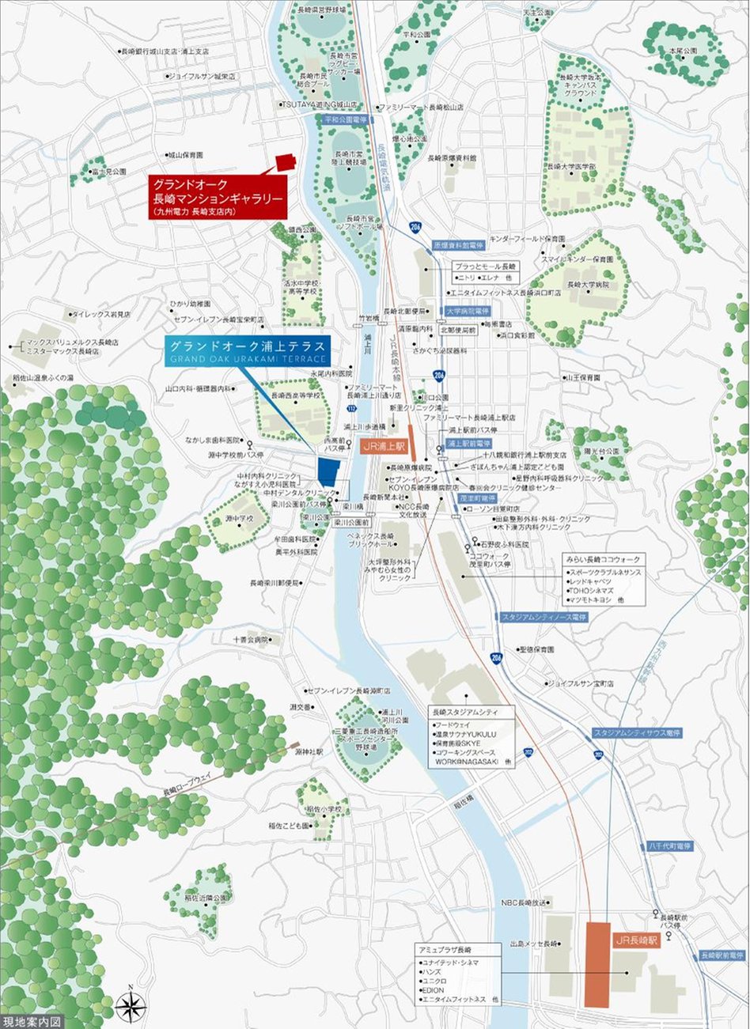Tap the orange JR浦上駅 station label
pos(383,447)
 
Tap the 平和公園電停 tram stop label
pos(345,119)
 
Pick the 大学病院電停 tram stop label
pos(468,312)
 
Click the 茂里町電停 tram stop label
pos(477,499)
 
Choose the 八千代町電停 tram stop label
pos(670,846)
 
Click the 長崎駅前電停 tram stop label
pos(723,955)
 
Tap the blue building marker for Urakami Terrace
pos(328,471)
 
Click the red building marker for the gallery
pos(285,162)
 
